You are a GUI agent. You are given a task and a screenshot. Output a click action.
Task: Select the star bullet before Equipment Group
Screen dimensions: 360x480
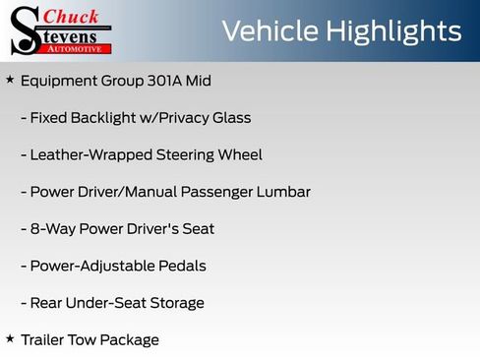pyautogui.click(x=10, y=79)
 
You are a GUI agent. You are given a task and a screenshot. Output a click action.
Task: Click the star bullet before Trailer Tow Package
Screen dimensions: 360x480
pyautogui.click(x=10, y=338)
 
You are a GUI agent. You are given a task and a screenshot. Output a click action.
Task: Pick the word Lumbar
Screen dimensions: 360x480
pyautogui.click(x=283, y=192)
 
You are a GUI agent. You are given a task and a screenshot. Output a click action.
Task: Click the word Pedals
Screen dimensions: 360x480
pyautogui.click(x=183, y=266)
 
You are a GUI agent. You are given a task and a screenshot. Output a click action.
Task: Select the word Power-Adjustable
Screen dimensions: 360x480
pyautogui.click(x=91, y=266)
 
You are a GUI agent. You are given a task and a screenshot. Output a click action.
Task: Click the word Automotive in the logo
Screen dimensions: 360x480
pyautogui.click(x=77, y=48)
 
